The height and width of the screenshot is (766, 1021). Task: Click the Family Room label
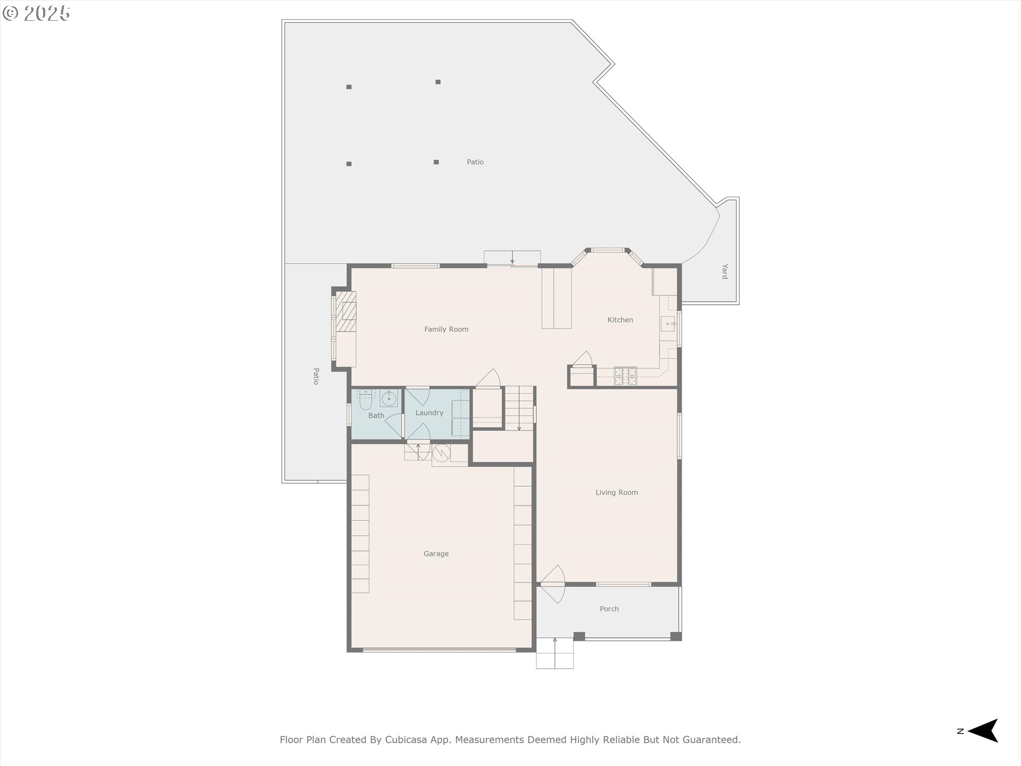[x=446, y=329]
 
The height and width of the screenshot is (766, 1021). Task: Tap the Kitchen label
[x=620, y=320]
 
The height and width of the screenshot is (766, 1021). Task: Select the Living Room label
[x=616, y=493]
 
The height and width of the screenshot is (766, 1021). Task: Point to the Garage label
[x=436, y=554]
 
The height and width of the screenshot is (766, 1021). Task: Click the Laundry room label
[x=429, y=413]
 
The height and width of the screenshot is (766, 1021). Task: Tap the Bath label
[x=376, y=415]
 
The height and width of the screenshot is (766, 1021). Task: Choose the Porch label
[x=609, y=609]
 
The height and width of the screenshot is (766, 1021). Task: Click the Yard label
[x=724, y=271]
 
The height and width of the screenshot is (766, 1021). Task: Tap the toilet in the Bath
[x=365, y=399]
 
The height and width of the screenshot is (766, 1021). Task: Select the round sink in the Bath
[x=389, y=398]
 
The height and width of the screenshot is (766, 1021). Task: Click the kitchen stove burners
[x=625, y=376]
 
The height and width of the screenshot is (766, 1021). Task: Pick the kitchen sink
[x=668, y=323]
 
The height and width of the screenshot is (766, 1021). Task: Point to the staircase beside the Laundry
[x=518, y=408]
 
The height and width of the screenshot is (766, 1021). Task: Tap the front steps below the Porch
[x=555, y=653]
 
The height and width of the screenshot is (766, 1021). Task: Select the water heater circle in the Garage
[x=441, y=453]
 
